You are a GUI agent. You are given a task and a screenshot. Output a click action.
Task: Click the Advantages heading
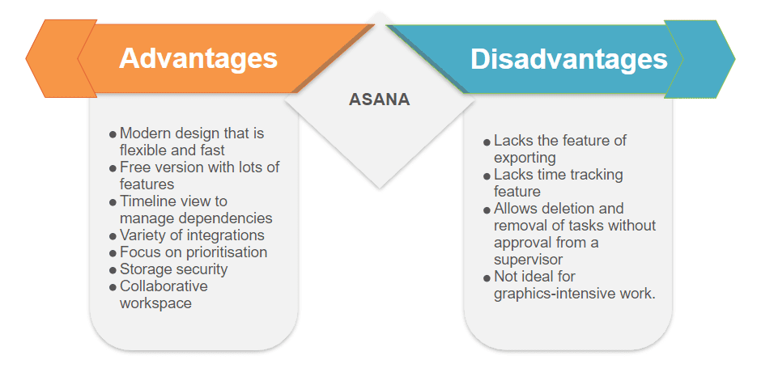tap(198, 59)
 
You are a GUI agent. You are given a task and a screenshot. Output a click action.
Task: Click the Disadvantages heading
tap(568, 59)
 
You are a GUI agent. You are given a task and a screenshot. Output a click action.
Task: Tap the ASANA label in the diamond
tap(380, 99)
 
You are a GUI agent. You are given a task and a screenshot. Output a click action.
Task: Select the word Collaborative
tap(164, 286)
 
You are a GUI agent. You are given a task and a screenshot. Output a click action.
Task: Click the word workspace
tap(155, 303)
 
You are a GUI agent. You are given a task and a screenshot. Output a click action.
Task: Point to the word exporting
tap(525, 159)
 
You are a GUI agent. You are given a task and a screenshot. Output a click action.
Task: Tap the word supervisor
tap(528, 260)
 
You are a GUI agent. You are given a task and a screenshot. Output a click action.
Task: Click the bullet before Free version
tap(113, 168)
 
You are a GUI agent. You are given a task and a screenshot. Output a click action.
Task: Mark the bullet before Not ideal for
tap(487, 277)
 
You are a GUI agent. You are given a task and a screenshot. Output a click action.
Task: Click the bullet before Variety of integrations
tap(113, 236)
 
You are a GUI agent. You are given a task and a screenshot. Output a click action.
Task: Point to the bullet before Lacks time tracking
tap(487, 176)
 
